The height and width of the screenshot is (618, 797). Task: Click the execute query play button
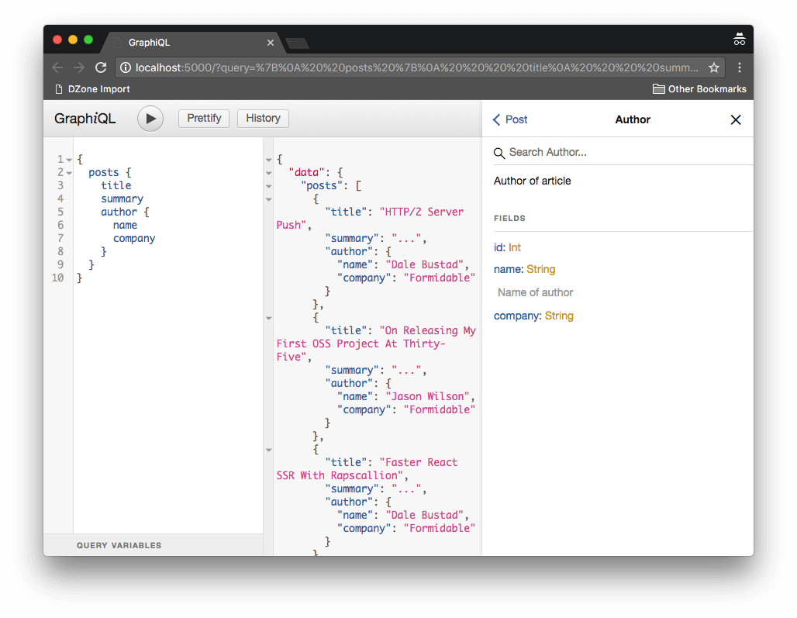150,119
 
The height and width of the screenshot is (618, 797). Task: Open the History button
263,119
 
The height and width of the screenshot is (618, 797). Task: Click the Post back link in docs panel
510,119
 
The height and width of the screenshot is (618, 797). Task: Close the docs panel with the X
736,119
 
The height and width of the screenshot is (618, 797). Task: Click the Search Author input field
623,153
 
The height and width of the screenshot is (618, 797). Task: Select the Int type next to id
514,247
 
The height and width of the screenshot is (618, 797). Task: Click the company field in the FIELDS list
517,316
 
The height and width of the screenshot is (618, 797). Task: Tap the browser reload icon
101,67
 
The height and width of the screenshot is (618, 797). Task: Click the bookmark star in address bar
713,67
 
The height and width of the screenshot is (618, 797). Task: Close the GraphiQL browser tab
271,43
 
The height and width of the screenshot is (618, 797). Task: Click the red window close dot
57,40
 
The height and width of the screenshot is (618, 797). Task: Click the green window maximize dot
88,40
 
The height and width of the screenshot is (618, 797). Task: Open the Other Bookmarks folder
699,89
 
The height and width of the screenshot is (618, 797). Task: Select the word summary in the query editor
122,199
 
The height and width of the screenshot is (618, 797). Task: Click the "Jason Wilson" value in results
427,396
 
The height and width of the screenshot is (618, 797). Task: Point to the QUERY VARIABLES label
119,545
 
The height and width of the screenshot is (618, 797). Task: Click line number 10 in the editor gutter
58,278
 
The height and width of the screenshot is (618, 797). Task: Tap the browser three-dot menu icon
740,67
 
